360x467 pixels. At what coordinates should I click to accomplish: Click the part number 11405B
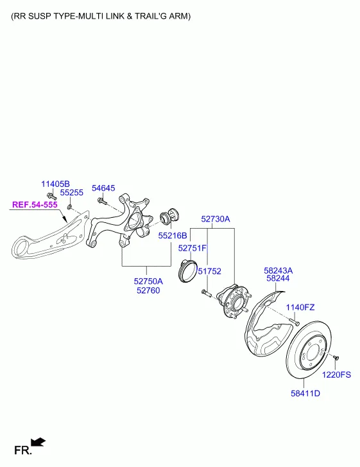click(55, 184)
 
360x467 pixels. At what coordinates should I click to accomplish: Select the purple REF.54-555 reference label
click(35, 205)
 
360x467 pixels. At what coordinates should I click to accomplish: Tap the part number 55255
click(72, 193)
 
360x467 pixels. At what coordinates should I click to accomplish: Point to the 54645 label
click(103, 188)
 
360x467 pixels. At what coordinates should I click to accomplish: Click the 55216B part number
click(173, 236)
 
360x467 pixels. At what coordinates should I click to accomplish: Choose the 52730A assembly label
click(216, 219)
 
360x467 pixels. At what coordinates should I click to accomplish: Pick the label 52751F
click(193, 248)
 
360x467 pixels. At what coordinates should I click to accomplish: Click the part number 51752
click(210, 271)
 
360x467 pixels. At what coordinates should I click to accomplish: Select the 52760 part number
click(148, 290)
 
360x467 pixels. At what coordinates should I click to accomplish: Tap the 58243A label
click(279, 270)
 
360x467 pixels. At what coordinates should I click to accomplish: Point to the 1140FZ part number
click(300, 307)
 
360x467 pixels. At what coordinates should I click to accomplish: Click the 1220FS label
click(336, 374)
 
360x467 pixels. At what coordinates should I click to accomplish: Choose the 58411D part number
click(305, 393)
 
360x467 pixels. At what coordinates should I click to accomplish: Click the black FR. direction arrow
click(38, 442)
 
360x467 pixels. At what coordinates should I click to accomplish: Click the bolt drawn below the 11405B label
click(52, 197)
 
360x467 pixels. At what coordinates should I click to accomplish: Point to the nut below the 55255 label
click(69, 206)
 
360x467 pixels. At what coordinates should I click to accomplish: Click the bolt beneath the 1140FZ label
click(294, 322)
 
